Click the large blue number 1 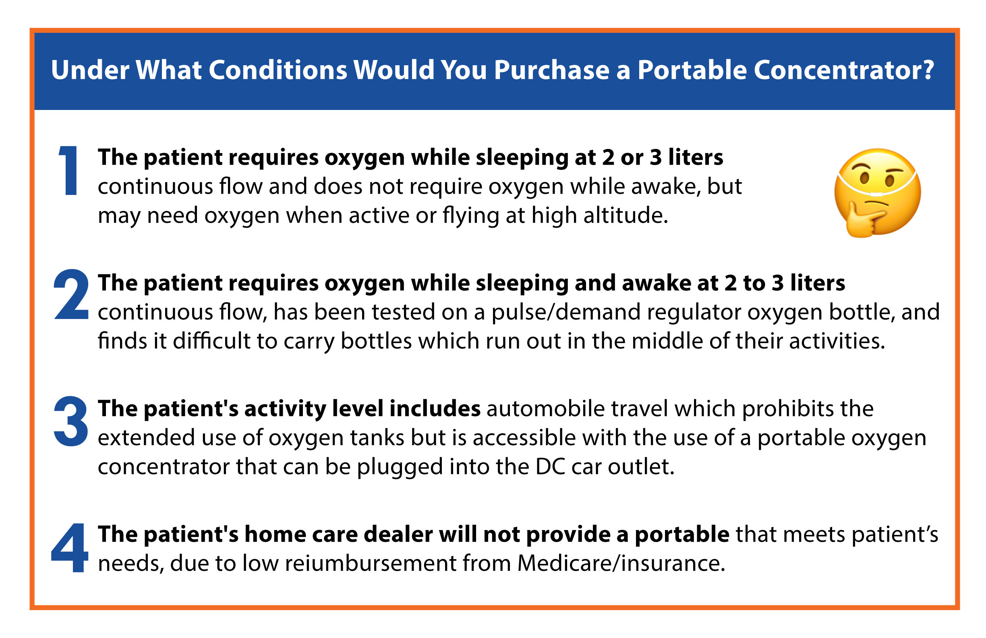pos(69,170)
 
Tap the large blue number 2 pos(71,294)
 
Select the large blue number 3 pos(71,421)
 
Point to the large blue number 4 pos(70,547)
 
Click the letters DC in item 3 pos(550,467)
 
